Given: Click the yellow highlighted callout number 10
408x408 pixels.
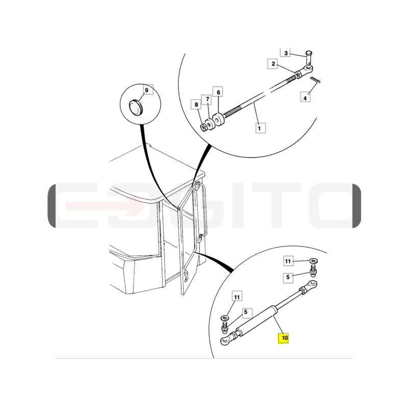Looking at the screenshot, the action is point(284,338).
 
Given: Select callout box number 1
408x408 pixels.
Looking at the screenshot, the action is point(260,128).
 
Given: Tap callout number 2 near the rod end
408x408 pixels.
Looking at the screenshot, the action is point(273,64).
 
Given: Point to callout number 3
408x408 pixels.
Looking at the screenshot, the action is point(286,53).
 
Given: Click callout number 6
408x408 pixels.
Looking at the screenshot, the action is point(218,92).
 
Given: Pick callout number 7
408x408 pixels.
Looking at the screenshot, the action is point(207,99).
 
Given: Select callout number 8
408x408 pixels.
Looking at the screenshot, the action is point(196,105).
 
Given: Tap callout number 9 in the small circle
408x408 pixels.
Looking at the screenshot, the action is point(147,90).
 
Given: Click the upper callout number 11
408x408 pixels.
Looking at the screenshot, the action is point(288,261).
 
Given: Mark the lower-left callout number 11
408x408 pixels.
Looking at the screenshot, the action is point(237,297).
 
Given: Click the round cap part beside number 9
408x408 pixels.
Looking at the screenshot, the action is point(136,107).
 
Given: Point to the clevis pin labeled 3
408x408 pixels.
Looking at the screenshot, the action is point(309,57).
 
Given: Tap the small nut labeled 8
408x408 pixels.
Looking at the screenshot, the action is point(203,127).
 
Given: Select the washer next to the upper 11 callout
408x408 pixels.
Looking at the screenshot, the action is point(314,261).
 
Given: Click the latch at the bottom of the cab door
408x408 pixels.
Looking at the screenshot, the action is point(186,276).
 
